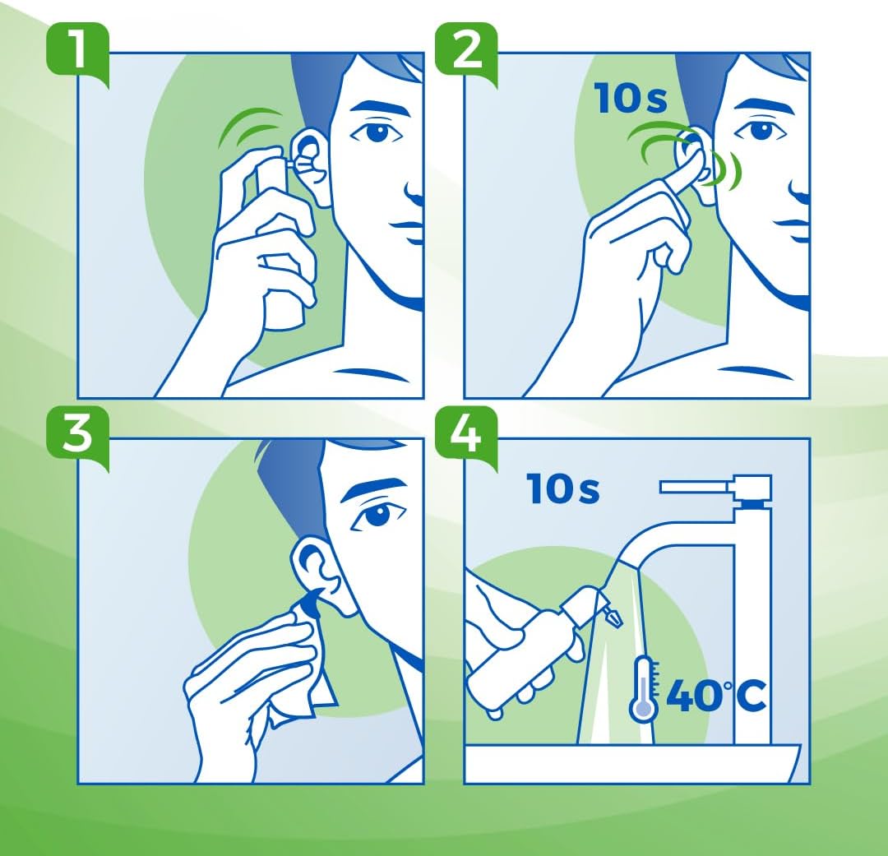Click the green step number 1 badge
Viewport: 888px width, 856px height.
[76, 49]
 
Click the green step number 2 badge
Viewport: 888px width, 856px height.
[465, 49]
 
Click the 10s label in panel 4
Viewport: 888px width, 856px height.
[563, 489]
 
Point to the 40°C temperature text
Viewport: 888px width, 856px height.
[715, 696]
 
